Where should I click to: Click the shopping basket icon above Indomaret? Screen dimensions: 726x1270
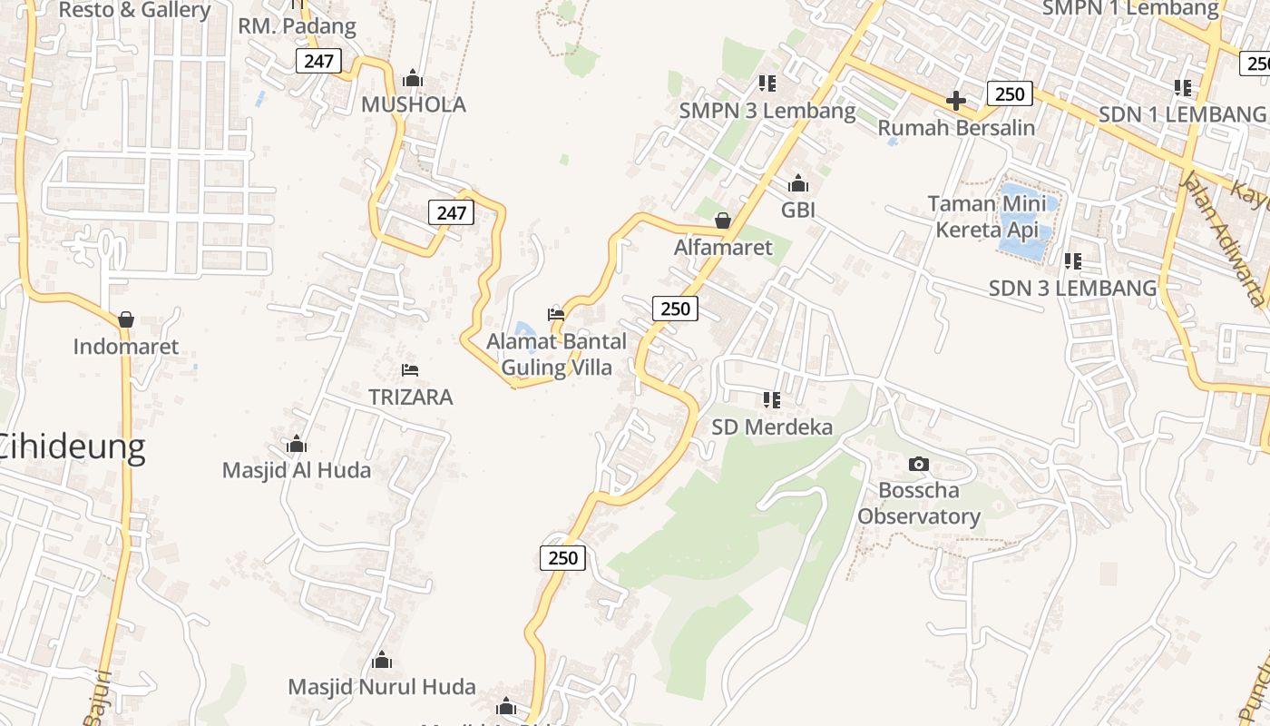(126, 319)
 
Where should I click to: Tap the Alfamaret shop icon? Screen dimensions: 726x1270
(723, 221)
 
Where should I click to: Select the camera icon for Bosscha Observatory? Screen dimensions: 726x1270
(918, 465)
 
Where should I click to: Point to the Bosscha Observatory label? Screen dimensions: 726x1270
(919, 504)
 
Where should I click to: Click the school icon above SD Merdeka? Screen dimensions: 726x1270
(772, 399)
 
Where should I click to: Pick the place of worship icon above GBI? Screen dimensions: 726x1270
(798, 184)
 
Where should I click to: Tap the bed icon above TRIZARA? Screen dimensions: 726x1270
(410, 370)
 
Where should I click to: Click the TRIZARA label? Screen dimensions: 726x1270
(410, 397)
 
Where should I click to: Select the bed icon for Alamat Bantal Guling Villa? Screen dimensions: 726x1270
(556, 315)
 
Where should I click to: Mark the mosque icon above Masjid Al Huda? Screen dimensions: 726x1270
(297, 445)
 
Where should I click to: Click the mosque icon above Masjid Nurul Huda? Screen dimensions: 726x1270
(382, 660)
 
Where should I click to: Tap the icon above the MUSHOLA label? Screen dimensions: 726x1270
(413, 79)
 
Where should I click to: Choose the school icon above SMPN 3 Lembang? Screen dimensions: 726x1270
(767, 83)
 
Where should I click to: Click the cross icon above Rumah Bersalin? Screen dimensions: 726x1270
(955, 101)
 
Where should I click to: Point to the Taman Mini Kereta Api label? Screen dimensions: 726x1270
(987, 217)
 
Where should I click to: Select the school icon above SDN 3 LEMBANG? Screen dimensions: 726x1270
(1073, 261)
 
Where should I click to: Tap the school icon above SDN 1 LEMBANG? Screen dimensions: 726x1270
(1183, 88)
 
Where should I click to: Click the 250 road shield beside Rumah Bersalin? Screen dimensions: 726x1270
(1009, 93)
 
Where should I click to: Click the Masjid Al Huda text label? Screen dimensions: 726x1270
(297, 470)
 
